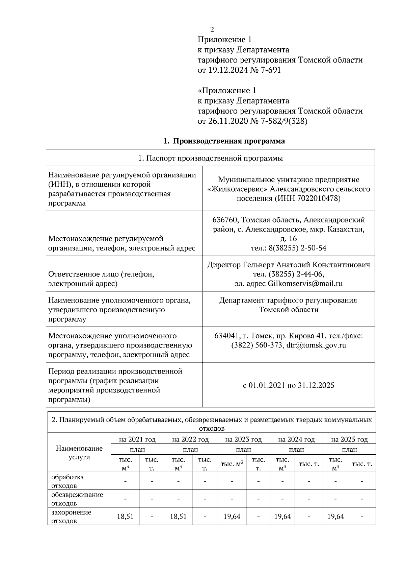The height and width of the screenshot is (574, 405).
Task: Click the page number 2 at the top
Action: [x=212, y=29]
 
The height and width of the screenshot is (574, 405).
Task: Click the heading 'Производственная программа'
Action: [x=229, y=141]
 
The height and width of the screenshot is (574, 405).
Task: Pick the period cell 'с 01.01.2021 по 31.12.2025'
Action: [x=289, y=385]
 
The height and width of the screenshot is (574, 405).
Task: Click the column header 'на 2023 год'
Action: [x=243, y=439]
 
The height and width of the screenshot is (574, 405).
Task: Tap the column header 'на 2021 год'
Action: [x=137, y=439]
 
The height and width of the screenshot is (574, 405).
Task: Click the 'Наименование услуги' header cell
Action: [x=79, y=453]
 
